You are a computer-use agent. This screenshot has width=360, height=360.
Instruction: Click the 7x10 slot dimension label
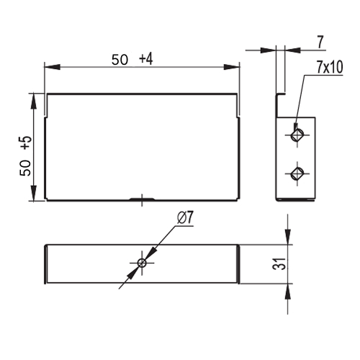(x=330, y=67)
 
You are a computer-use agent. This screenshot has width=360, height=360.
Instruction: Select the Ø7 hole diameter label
(x=185, y=217)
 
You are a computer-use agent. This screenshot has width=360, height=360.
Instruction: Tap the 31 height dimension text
(x=279, y=264)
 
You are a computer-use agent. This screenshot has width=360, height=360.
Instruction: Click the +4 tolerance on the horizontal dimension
(x=146, y=59)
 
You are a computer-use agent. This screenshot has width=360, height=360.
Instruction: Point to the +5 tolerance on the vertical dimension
(x=26, y=143)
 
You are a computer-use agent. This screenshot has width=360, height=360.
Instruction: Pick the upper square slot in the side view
(x=297, y=135)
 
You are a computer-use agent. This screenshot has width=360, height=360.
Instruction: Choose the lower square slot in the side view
(x=297, y=174)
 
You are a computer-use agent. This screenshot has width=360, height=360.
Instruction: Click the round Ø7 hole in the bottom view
(x=142, y=263)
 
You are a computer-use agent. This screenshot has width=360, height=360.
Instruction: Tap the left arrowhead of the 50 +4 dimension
(x=52, y=67)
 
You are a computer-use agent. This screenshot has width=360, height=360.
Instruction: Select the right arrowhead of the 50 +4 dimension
(x=232, y=67)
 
